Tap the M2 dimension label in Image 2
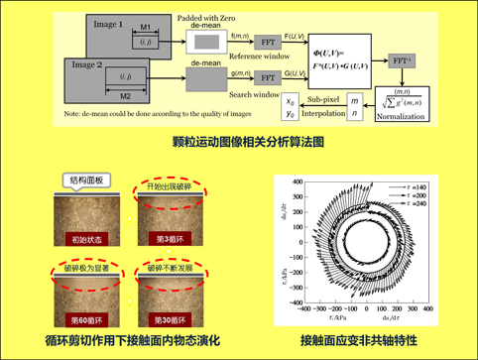[126, 97]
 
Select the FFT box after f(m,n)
[271, 44]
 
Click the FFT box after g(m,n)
[271, 74]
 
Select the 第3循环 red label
[178, 238]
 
